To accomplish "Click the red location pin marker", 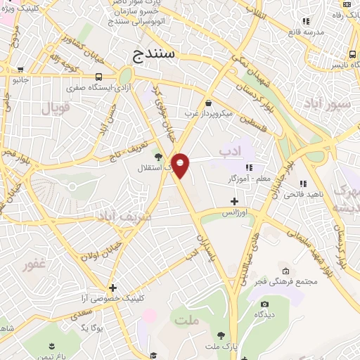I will click(181, 165).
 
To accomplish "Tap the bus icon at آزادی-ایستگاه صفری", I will click(98, 77).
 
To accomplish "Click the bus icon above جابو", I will click(20, 70).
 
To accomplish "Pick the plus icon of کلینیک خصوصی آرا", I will click(112, 288).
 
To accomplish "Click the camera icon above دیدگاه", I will click(264, 304).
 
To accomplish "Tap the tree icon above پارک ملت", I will click(221, 335).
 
